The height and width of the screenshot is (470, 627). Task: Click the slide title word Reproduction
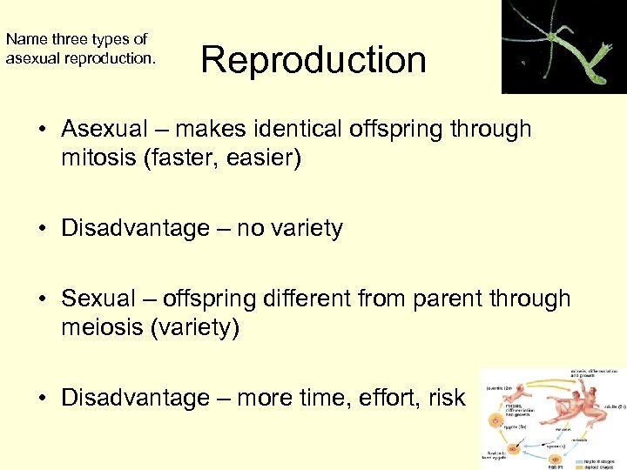pyautogui.click(x=313, y=61)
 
